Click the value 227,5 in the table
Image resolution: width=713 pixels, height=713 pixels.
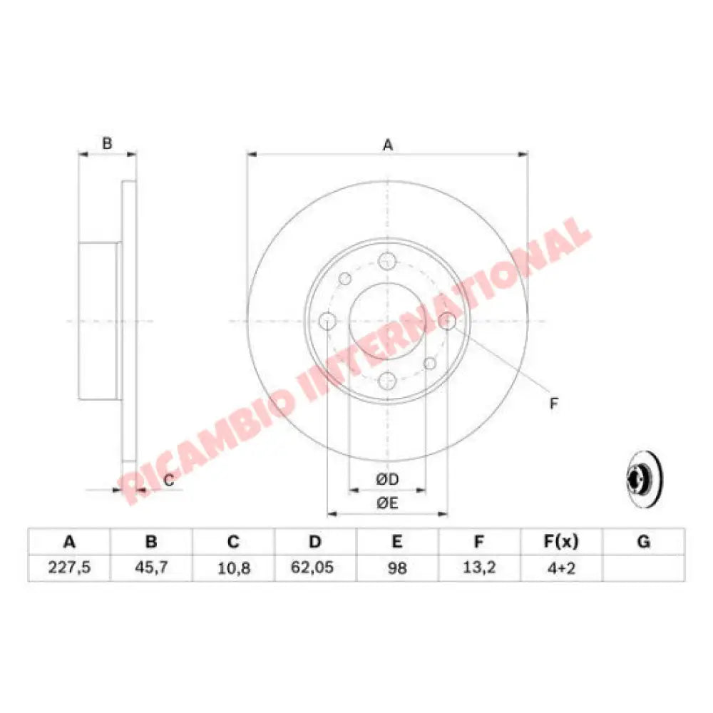(68, 568)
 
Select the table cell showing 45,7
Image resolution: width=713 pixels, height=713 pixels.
(150, 568)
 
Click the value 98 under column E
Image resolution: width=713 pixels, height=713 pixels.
(397, 568)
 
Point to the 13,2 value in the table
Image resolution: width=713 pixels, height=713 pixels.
(479, 568)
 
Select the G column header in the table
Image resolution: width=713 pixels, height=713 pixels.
(644, 543)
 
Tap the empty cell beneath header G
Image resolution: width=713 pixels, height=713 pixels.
(644, 568)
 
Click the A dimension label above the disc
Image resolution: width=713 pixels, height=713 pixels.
(388, 145)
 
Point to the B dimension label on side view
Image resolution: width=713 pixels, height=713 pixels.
(107, 143)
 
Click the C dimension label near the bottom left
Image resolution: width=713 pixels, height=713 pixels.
(169, 481)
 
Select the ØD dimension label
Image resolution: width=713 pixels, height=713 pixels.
(387, 481)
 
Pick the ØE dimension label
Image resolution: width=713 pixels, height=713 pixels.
(387, 503)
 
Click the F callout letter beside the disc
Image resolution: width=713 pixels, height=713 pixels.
(553, 404)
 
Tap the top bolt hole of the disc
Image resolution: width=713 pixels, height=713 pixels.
(387, 260)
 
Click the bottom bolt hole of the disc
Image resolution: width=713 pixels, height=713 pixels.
(387, 381)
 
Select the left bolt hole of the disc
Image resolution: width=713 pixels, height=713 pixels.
(327, 321)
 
